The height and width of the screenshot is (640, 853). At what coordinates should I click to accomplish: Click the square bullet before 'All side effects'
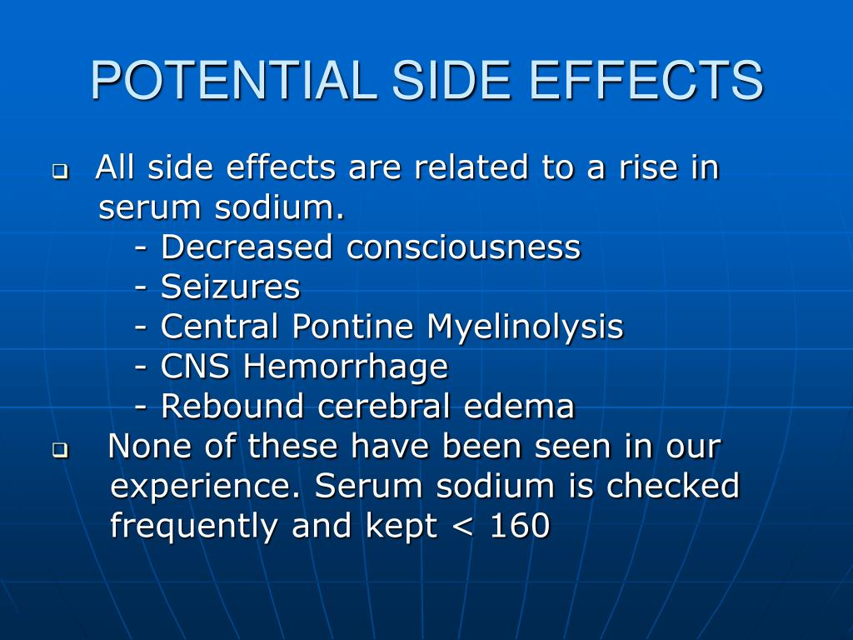[x=59, y=172]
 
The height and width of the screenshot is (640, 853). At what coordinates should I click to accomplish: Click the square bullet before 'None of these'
[x=59, y=451]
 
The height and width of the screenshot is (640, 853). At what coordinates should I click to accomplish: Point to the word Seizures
[x=230, y=287]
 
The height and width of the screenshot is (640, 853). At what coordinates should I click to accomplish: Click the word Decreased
[x=249, y=247]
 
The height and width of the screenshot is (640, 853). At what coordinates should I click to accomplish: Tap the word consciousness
[x=464, y=247]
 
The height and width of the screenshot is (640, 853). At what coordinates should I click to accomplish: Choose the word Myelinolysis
[x=525, y=326]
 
